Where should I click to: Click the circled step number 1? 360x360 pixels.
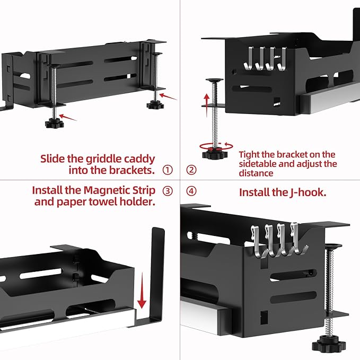click(168, 170)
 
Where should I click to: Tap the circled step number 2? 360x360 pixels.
click(191, 170)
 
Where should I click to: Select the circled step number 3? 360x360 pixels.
click(168, 191)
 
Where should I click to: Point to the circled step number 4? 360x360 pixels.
click(191, 191)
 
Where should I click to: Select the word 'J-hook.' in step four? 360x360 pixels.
click(308, 192)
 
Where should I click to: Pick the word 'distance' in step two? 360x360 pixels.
click(256, 173)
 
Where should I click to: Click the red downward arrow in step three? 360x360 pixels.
click(142, 291)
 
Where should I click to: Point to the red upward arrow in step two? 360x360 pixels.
click(207, 105)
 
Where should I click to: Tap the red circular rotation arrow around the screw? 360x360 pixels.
click(216, 146)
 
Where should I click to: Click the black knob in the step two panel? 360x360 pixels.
click(215, 153)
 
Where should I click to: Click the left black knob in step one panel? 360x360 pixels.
click(54, 124)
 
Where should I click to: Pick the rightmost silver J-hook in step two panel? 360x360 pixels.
click(282, 58)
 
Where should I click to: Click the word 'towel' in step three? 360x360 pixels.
click(103, 202)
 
